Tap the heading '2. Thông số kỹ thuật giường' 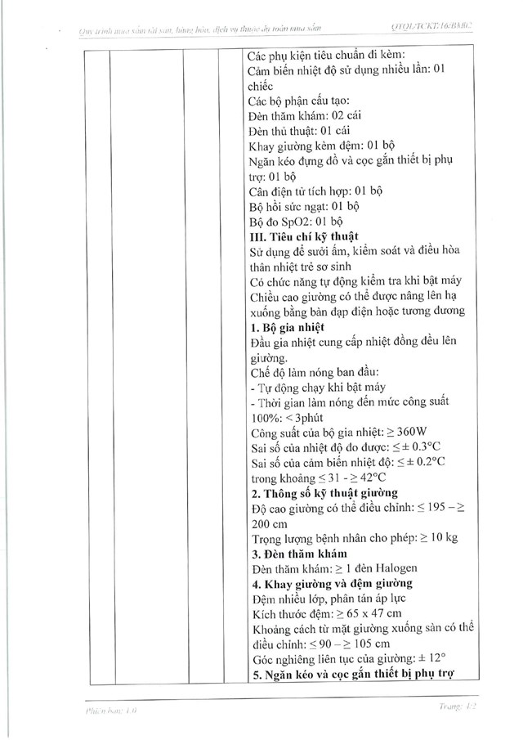[324, 492]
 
